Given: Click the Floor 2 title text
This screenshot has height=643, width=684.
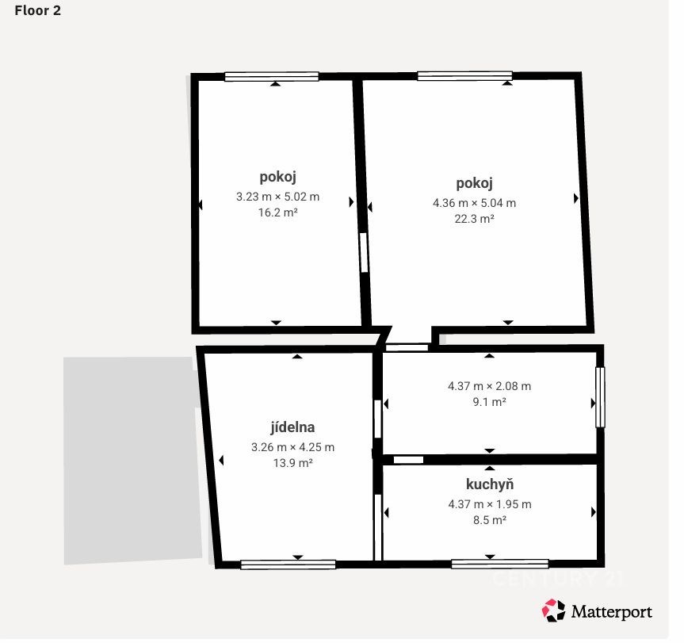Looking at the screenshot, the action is [37, 10].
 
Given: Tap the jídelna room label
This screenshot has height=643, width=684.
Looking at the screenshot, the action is [292, 427].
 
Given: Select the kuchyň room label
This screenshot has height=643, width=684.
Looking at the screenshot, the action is [490, 484].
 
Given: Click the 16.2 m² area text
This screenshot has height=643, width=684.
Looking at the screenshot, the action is [278, 212].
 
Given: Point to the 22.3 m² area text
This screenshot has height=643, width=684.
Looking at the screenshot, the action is [474, 219].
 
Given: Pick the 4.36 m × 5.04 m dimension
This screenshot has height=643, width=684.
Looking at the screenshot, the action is [474, 203].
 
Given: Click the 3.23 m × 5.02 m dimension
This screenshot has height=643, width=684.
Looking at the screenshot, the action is [278, 197].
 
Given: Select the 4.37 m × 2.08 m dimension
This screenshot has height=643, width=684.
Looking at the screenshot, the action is [490, 386].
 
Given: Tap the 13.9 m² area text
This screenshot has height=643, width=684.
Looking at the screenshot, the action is [292, 463].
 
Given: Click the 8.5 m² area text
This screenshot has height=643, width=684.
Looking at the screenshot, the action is [490, 520].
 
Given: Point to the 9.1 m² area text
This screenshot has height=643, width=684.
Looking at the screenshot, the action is [490, 402].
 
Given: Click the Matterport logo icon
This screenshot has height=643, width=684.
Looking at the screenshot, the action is [553, 610].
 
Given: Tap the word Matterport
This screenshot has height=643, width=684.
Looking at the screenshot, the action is [612, 611].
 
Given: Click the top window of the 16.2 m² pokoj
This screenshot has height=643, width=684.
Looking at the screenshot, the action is [272, 77].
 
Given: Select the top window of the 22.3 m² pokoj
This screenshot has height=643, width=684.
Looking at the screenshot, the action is [464, 76].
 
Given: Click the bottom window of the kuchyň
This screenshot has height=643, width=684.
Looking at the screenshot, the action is [500, 564].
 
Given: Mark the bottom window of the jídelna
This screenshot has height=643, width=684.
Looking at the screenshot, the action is [288, 565].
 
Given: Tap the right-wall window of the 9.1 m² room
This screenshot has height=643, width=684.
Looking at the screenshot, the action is [600, 397].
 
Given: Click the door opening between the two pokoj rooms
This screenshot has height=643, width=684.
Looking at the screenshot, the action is [364, 253].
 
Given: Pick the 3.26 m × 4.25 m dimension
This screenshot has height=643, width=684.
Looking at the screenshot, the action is [292, 447].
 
